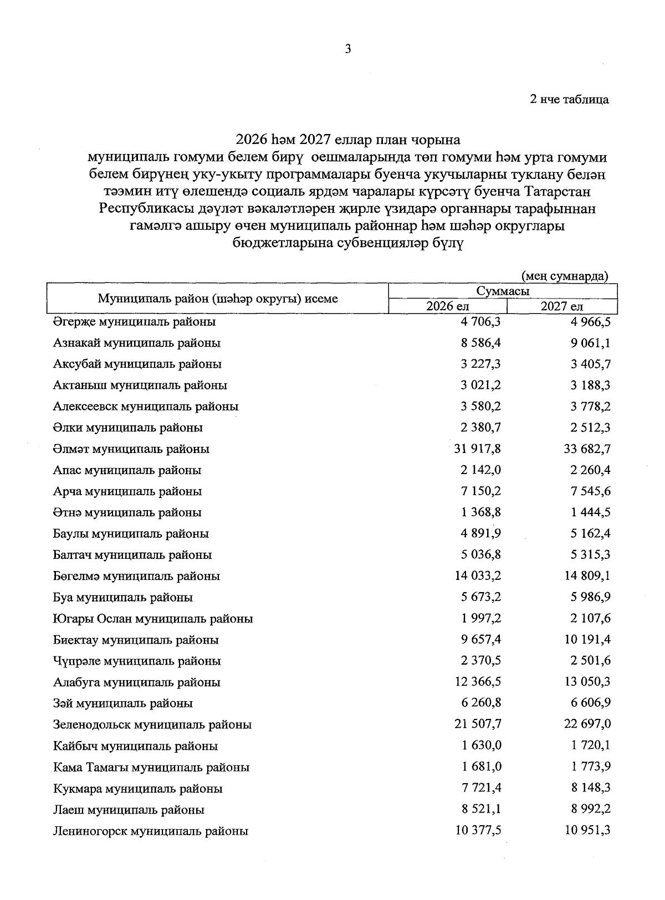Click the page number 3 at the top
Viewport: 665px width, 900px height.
click(x=348, y=49)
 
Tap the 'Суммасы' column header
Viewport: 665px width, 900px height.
click(x=503, y=291)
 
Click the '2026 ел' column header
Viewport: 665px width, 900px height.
click(x=447, y=306)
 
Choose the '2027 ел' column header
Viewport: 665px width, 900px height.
click(x=562, y=306)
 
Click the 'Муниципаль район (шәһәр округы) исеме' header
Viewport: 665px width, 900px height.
click(x=218, y=299)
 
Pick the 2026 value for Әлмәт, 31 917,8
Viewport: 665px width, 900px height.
click(x=478, y=449)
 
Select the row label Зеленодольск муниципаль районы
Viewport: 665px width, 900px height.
click(x=152, y=724)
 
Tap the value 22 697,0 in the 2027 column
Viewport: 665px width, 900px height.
click(x=587, y=724)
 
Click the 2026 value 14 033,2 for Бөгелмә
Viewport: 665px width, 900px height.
click(x=478, y=576)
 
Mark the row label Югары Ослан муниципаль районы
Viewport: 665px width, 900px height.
click(x=153, y=619)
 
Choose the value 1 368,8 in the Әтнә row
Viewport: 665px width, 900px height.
click(x=482, y=512)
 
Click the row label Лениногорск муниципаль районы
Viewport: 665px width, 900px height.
click(x=151, y=831)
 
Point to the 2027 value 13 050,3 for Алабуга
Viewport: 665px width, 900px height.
click(x=587, y=682)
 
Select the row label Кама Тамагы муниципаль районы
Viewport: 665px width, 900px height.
click(x=151, y=767)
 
